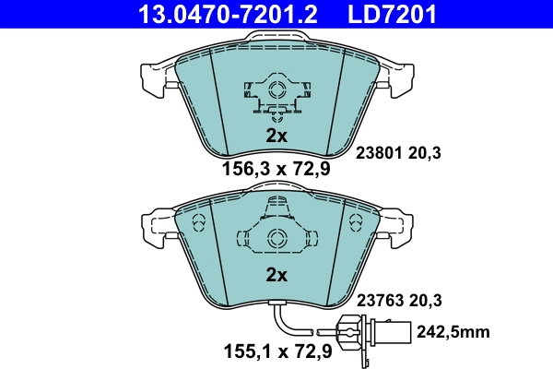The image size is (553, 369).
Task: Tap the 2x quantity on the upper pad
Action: coord(276,136)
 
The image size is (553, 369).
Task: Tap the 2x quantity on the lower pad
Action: coord(276,275)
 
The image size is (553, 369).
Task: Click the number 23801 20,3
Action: coord(399,154)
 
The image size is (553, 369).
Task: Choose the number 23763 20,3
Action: coord(399,299)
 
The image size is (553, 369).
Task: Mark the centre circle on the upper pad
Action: coord(276,90)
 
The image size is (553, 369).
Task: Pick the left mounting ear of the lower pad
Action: coord(153,226)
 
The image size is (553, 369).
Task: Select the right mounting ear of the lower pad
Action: coord(399,226)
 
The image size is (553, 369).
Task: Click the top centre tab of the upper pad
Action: coord(276,37)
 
